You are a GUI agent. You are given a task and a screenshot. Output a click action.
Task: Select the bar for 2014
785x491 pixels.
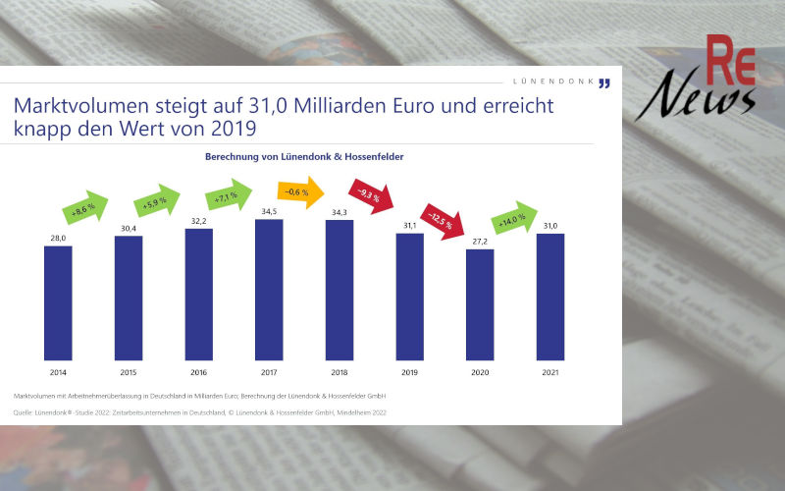click(58, 303)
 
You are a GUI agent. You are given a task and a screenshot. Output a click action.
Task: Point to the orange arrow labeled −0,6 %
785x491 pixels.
click(300, 192)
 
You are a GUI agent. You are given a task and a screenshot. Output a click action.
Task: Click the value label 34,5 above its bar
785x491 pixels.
click(269, 211)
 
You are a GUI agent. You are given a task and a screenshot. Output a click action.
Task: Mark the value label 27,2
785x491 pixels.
click(480, 241)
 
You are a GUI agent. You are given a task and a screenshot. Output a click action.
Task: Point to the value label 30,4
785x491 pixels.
click(129, 228)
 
